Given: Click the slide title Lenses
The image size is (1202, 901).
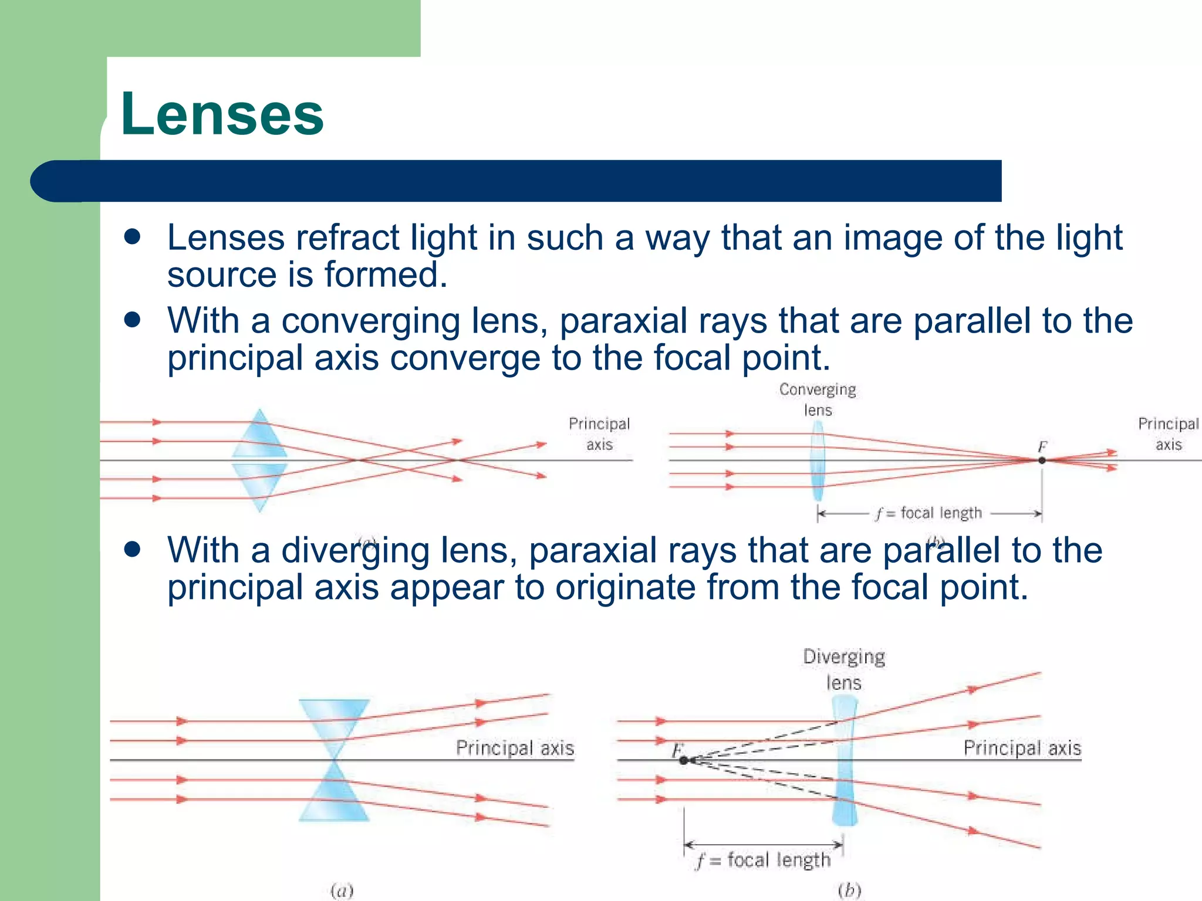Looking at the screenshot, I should click(x=222, y=114).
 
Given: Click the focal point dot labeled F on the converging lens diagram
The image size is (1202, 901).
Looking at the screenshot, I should click(x=1042, y=460).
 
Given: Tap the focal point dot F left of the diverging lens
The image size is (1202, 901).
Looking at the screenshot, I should click(x=683, y=760).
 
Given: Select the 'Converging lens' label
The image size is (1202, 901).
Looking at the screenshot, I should click(x=818, y=399).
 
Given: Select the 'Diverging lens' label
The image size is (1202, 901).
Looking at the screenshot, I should click(x=844, y=669).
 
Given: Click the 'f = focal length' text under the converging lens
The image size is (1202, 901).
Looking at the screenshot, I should click(x=929, y=513).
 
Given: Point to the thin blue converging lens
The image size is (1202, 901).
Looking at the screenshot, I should click(x=818, y=460).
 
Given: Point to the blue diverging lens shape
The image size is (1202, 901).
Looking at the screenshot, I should click(x=845, y=760).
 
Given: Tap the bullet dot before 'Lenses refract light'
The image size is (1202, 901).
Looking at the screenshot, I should click(x=133, y=237).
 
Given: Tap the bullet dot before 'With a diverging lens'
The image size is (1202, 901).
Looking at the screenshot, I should click(x=133, y=550).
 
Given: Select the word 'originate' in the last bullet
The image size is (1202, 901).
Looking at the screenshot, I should click(x=625, y=587).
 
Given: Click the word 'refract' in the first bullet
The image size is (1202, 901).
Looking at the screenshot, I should click(x=347, y=238).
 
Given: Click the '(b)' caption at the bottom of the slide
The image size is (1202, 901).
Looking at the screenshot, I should click(x=849, y=890).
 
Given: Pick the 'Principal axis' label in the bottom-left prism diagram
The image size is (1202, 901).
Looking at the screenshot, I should click(x=515, y=748).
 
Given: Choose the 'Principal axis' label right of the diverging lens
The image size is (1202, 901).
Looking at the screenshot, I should click(x=1022, y=748).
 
